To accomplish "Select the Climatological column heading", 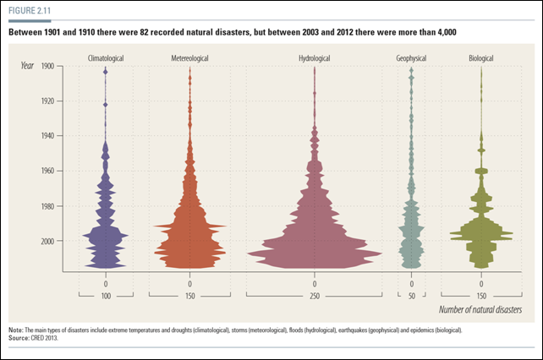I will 106,57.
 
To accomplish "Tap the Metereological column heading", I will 189,57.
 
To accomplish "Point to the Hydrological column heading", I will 315,57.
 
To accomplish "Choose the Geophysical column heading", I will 412,57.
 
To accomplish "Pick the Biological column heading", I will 481,57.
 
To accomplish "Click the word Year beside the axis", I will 28,65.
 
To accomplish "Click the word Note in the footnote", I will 15,330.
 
